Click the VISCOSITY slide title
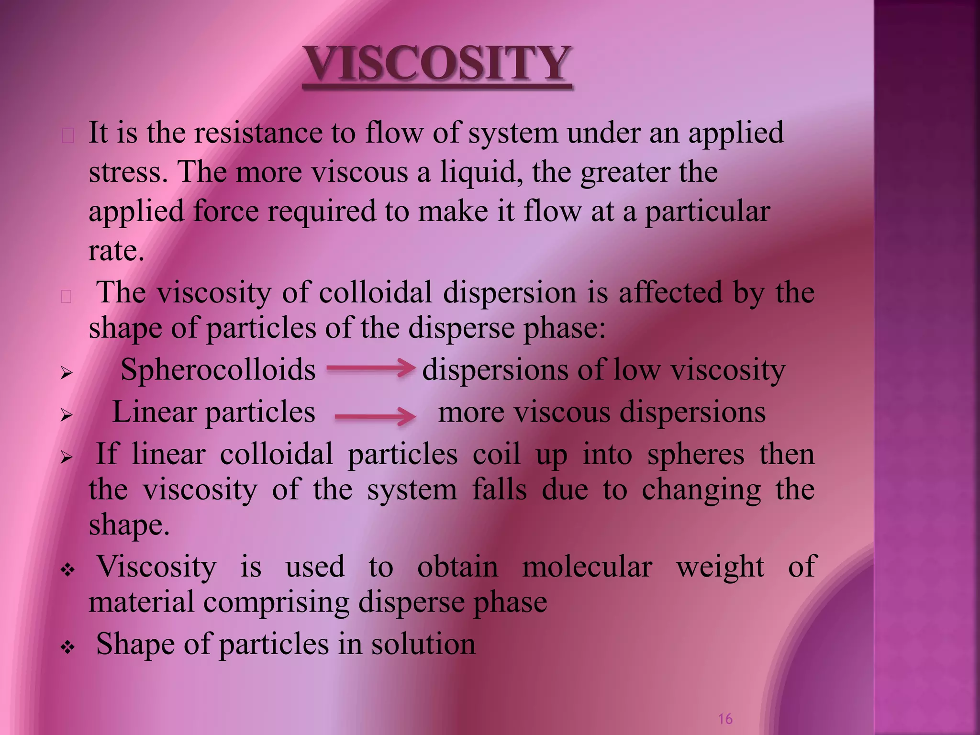pyautogui.click(x=437, y=63)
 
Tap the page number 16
pyautogui.click(x=725, y=719)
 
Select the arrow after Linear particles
pyautogui.click(x=375, y=416)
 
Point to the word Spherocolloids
pyautogui.click(x=218, y=370)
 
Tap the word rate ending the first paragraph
pyautogui.click(x=116, y=251)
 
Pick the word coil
pyautogui.click(x=496, y=454)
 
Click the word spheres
pyautogui.click(x=695, y=454)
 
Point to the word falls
pyautogui.click(x=500, y=490)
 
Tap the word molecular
pyautogui.click(x=587, y=567)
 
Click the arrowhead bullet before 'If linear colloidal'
pyautogui.click(x=67, y=457)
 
